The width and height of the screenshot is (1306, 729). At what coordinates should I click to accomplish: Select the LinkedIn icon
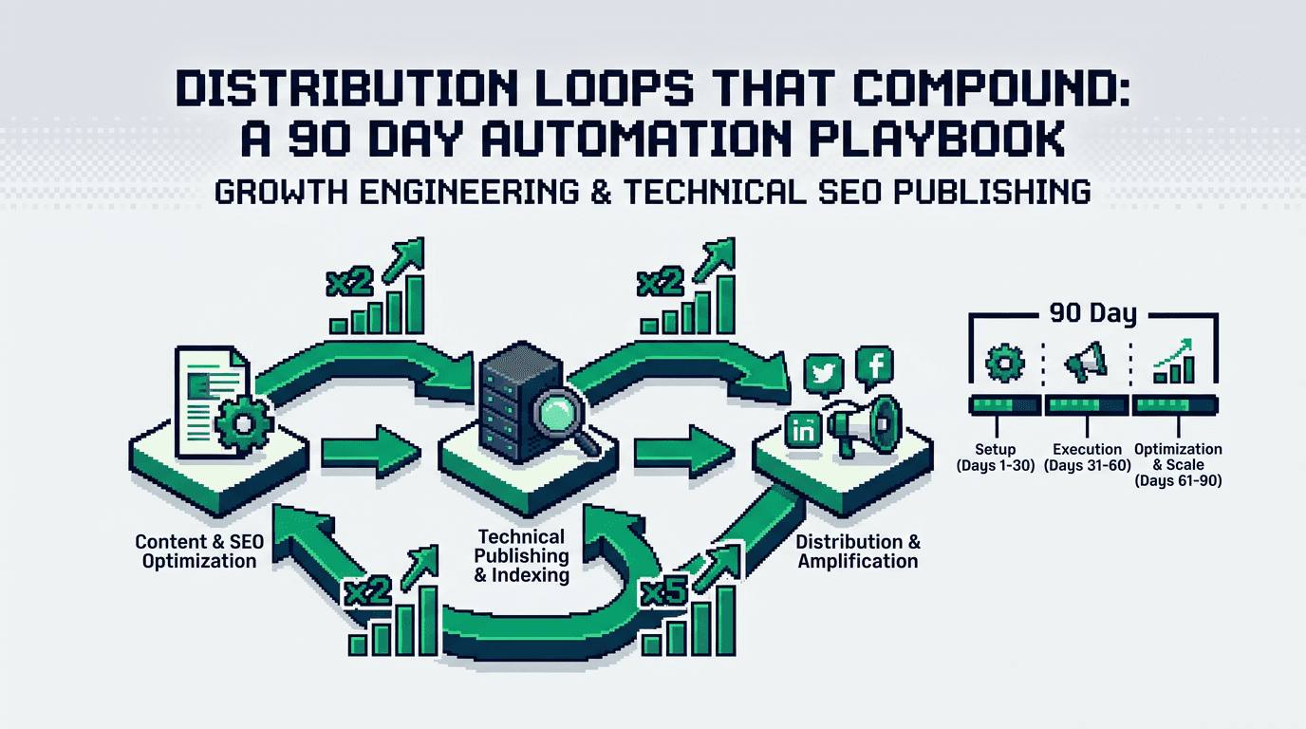[x=804, y=430]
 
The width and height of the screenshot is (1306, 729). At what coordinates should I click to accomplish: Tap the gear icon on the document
[x=242, y=423]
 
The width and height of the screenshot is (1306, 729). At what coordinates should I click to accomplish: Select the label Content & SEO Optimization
[x=199, y=551]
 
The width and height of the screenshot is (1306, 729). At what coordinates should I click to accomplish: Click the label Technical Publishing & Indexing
[x=522, y=556]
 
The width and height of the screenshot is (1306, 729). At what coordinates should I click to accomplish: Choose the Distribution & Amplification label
[x=857, y=551]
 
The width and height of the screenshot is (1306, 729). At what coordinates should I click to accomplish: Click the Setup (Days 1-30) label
[x=995, y=457]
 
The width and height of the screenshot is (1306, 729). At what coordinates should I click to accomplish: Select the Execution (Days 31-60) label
[x=1087, y=457]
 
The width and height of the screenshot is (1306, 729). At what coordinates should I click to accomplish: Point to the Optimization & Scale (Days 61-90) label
[x=1178, y=464]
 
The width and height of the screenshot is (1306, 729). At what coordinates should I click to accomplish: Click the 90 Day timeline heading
[x=1092, y=313]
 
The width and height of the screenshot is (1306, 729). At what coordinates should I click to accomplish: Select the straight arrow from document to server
[x=365, y=450]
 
